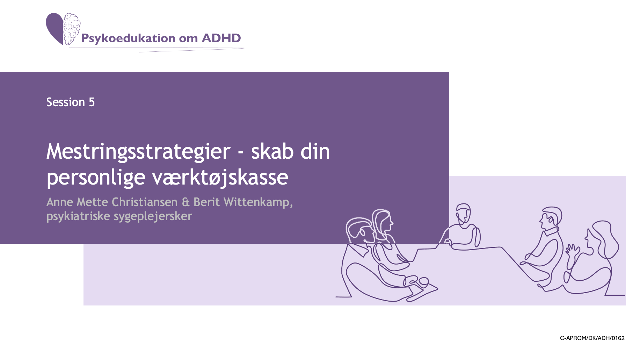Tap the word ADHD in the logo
coord(221,38)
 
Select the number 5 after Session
coord(92,102)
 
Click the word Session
coord(66,102)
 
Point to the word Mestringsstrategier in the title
coord(138,152)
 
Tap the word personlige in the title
coord(96,178)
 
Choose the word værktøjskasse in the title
coord(220,177)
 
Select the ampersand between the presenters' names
coord(186,202)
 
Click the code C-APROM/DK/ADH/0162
coord(592,338)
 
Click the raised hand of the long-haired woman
coord(572,250)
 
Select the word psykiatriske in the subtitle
coord(78,216)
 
